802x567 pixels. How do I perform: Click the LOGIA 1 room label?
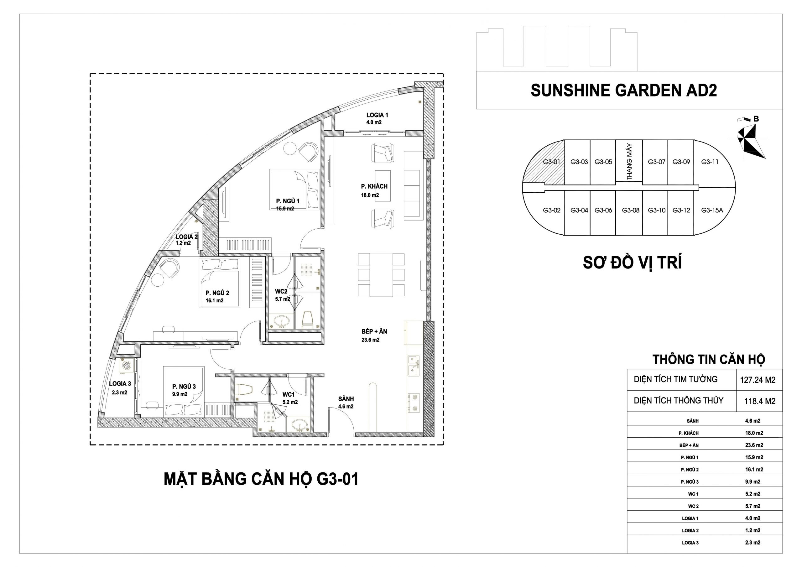[377, 115]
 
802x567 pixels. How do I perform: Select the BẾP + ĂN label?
[374, 331]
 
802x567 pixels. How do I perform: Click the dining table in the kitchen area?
[381, 275]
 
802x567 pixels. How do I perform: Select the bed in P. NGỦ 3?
[184, 391]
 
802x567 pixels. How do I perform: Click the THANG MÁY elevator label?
[629, 162]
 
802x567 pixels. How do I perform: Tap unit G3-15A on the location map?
[712, 210]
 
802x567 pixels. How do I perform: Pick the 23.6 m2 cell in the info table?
[754, 445]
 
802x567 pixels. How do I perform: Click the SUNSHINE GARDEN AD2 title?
[624, 91]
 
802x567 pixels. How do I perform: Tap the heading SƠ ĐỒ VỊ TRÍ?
[632, 263]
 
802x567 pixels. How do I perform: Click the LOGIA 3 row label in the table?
[690, 543]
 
